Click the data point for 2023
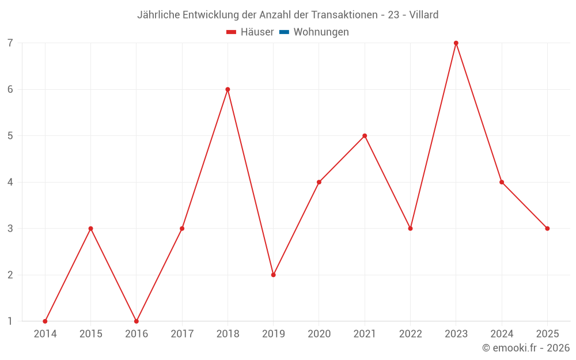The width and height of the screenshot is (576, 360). click(456, 43)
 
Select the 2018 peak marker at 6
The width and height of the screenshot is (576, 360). click(228, 89)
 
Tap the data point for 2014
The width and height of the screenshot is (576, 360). click(45, 321)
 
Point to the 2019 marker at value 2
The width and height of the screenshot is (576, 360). click(273, 275)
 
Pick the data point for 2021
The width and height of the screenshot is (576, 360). click(365, 136)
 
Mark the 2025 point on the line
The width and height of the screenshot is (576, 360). click(547, 229)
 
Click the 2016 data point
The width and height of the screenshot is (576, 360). click(137, 321)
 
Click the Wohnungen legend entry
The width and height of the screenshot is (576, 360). click(321, 32)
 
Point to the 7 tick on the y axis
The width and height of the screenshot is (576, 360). click(10, 43)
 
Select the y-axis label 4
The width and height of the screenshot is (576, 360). click(10, 182)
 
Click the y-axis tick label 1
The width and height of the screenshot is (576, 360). click(10, 321)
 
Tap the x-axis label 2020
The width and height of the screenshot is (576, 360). click(319, 334)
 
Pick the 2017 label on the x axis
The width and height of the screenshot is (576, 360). click(182, 334)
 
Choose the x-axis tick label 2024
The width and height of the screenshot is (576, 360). click(502, 334)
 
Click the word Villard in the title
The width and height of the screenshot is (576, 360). click(424, 14)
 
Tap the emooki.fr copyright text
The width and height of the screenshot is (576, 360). click(526, 348)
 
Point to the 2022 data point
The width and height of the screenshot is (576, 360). click(410, 229)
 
